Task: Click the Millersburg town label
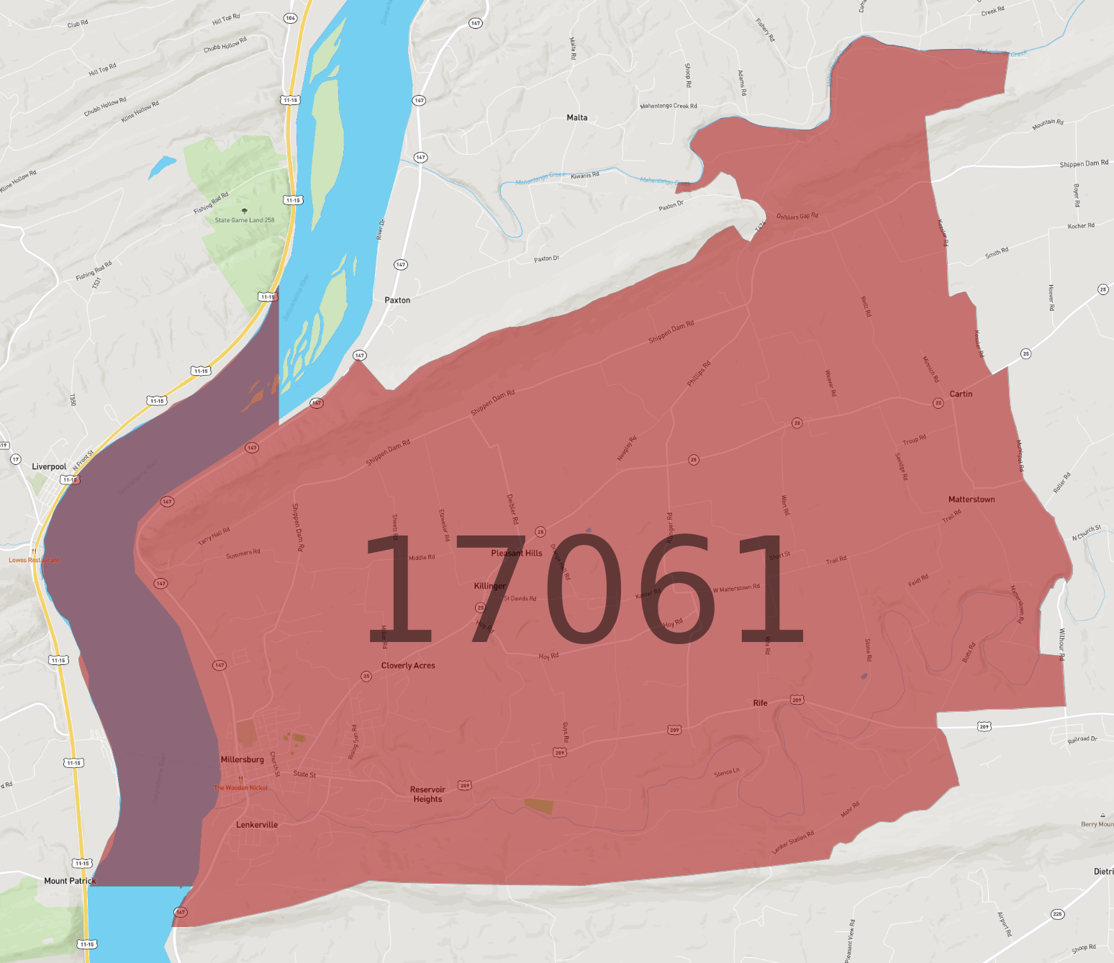tap(242, 759)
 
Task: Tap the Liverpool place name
tap(49, 466)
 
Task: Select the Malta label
tap(576, 117)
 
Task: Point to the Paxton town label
tap(397, 300)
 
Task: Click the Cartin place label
tap(961, 394)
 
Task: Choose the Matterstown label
tap(972, 499)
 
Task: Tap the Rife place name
tap(760, 703)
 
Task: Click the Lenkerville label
tap(257, 825)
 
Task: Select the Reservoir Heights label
tap(427, 795)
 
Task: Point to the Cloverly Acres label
tap(408, 666)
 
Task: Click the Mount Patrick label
tap(70, 881)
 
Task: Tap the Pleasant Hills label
tap(517, 553)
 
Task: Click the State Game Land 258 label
tap(245, 220)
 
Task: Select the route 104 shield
tap(290, 18)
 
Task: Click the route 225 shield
tap(1057, 914)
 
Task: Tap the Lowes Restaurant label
tap(34, 560)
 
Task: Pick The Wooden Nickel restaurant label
tap(241, 787)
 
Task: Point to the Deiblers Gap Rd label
tap(797, 216)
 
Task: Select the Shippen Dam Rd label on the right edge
tap(1084, 163)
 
